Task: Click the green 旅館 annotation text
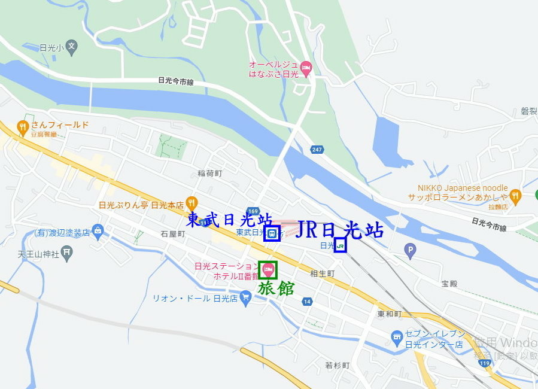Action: (276, 288)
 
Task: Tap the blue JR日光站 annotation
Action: (339, 230)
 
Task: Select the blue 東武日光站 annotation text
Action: (229, 220)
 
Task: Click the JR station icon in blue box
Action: (340, 245)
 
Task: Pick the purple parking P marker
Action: (410, 251)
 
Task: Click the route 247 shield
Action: (317, 149)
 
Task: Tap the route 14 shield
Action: (307, 301)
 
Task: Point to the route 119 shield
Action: (485, 363)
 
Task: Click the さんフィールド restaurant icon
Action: (23, 126)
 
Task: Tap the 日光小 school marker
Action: (72, 47)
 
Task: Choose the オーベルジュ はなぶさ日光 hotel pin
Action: (306, 68)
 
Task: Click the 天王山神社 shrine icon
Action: (67, 253)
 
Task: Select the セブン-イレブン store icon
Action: (396, 338)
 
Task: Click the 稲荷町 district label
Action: (209, 174)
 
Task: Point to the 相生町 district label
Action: (322, 273)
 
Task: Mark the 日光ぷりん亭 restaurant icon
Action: (192, 203)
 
